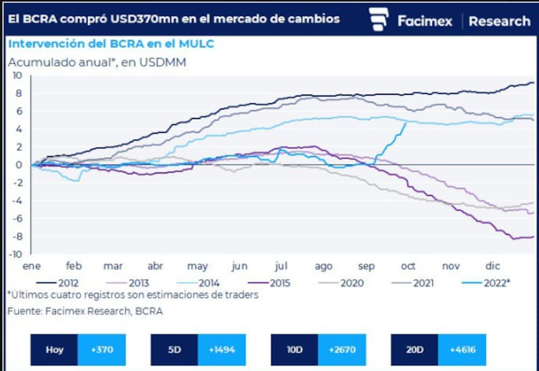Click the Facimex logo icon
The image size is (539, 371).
pyautogui.click(x=380, y=20)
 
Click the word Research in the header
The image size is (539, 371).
pyautogui.click(x=499, y=21)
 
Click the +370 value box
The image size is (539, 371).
pyautogui.click(x=101, y=350)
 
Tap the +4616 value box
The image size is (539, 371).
pyautogui.click(x=462, y=350)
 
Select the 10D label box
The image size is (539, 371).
pyautogui.click(x=294, y=350)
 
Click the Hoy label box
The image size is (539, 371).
pyautogui.click(x=55, y=350)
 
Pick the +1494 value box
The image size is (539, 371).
pyautogui.click(x=222, y=350)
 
